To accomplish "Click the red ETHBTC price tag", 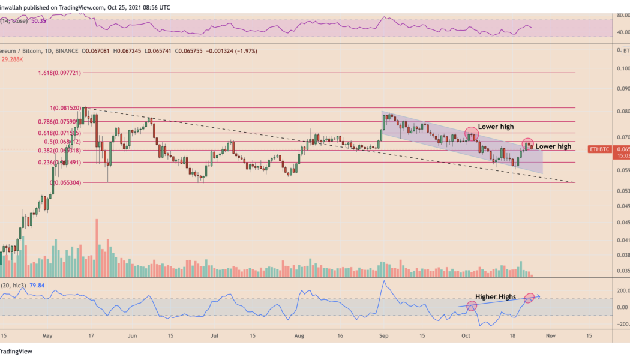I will click(x=599, y=149).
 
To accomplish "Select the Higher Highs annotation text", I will click(x=495, y=296).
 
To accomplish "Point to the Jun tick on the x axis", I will click(x=131, y=335).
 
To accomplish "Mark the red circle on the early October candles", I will click(x=470, y=134).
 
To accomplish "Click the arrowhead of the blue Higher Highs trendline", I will click(x=539, y=296).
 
